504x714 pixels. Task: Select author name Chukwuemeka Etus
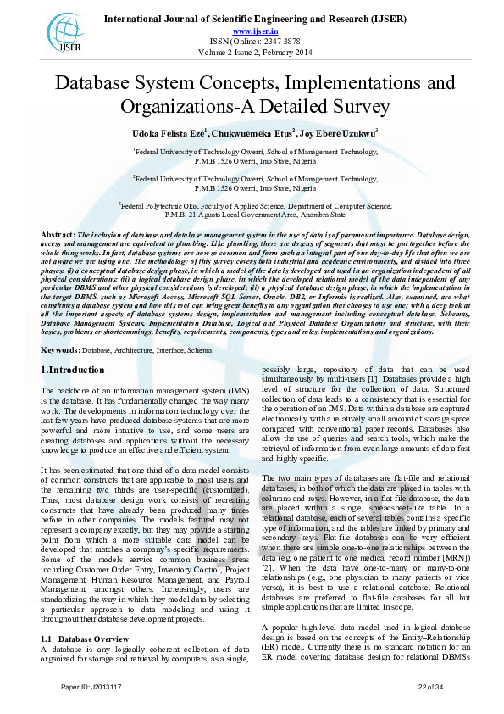(252, 132)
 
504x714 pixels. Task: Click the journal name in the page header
(255, 19)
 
